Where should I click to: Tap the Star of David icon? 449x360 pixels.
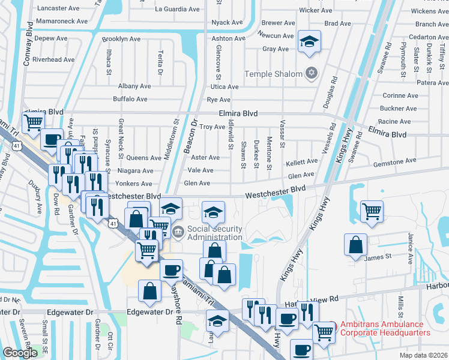pos(310,74)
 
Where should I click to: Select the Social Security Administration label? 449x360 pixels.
pos(214,233)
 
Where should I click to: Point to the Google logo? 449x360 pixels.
pos(20,352)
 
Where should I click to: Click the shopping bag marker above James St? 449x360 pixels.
pos(356,244)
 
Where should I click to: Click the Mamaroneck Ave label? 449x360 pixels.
pos(58,21)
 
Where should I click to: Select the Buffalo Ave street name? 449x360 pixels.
pos(130,99)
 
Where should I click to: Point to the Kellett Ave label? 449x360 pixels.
pos(302,162)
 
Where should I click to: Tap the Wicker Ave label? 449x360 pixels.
pos(316,11)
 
